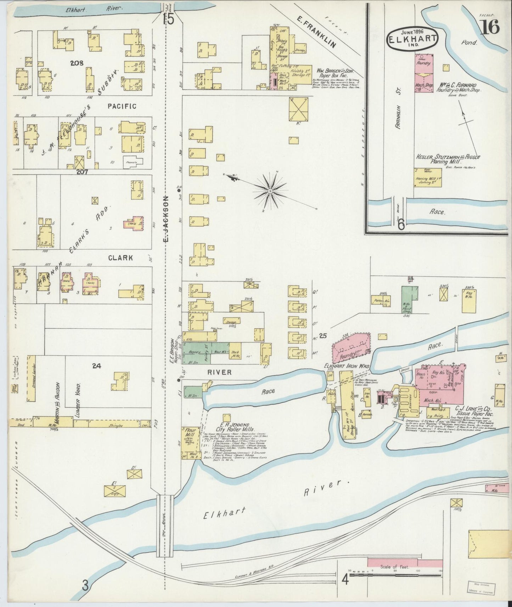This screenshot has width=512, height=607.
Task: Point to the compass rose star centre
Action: click(x=270, y=191)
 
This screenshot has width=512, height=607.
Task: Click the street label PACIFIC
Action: click(x=122, y=106)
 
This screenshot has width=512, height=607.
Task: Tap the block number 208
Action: click(x=77, y=63)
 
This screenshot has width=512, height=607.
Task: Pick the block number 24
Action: click(x=96, y=366)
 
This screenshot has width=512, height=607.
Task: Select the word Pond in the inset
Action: click(x=469, y=42)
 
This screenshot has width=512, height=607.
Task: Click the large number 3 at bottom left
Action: click(x=85, y=586)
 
